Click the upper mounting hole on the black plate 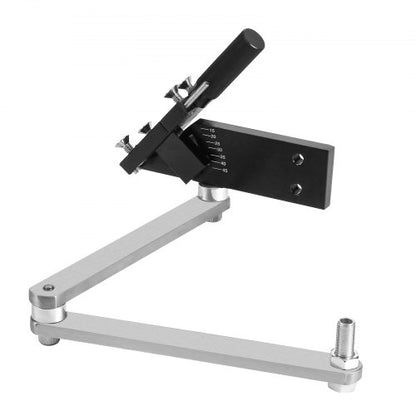tap(295, 159)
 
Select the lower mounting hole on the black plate tap(296, 187)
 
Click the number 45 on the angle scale tap(226, 171)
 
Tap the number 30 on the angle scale tap(219, 150)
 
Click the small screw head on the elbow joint tap(48, 290)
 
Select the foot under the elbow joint tap(49, 337)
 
